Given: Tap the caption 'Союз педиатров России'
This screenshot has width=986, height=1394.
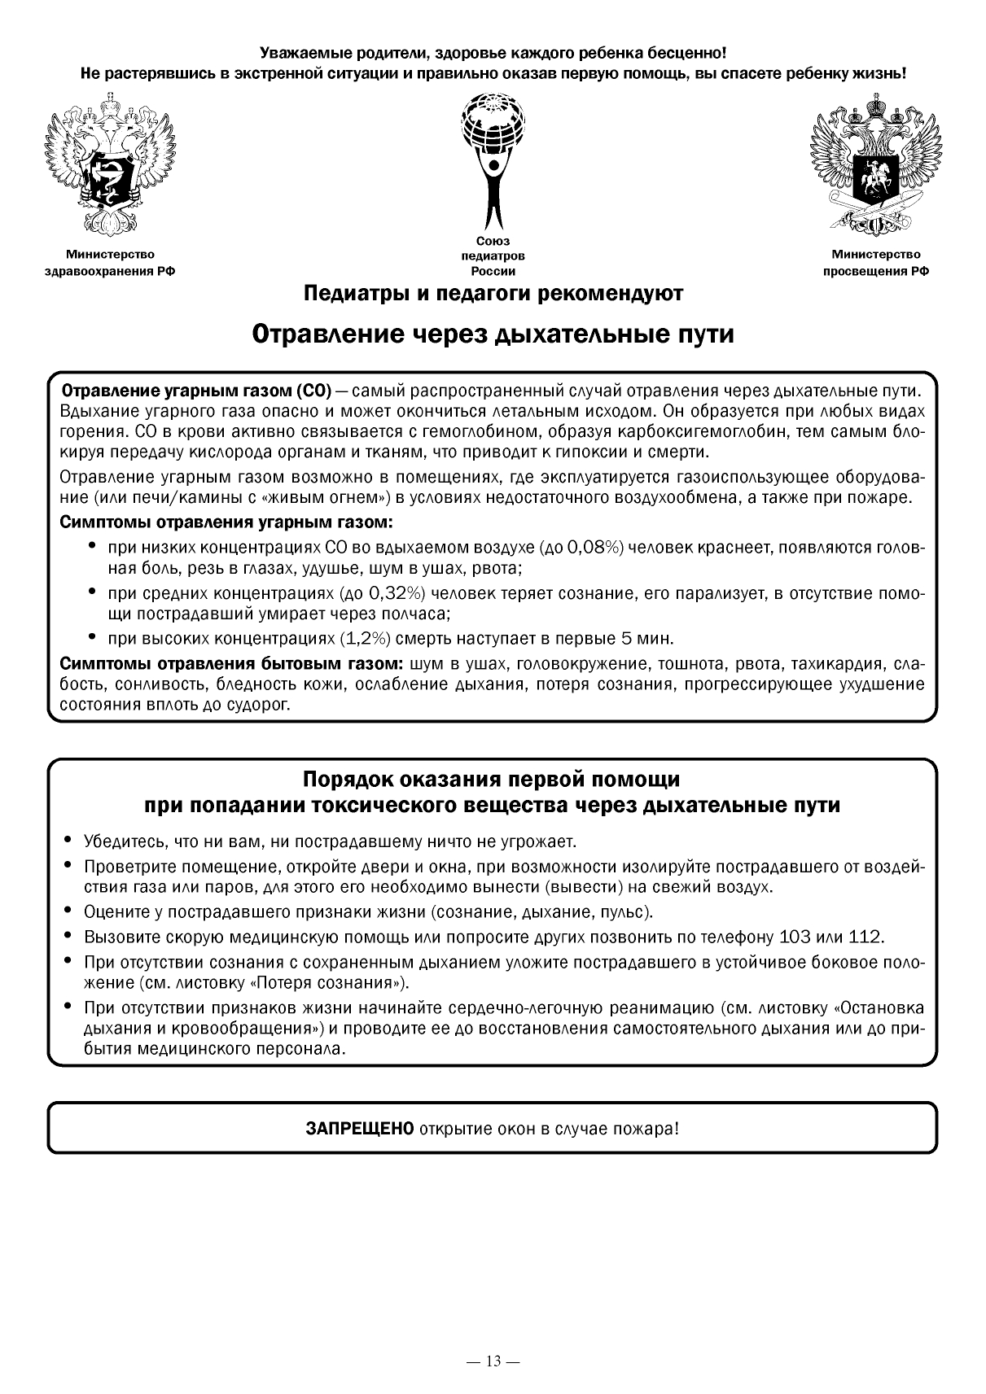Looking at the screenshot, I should coord(493,256).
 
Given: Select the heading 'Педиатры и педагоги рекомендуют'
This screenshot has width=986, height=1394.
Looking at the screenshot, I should coord(493,293).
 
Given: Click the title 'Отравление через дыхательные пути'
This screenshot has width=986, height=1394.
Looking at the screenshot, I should coord(493,334).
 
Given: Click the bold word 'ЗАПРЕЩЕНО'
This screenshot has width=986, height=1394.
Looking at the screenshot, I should coord(360,1130).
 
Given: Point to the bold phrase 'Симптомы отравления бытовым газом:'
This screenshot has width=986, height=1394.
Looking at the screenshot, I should coord(233,663).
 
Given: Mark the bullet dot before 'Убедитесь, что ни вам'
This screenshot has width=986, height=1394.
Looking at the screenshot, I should coord(68,840).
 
